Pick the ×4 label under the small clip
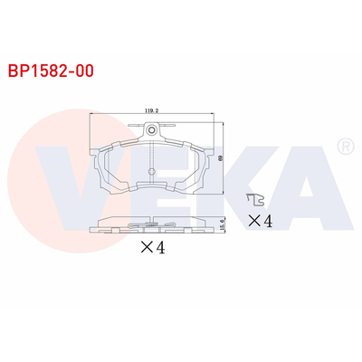click(260, 220)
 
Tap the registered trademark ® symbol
click(344, 146)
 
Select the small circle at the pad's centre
click(151, 173)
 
